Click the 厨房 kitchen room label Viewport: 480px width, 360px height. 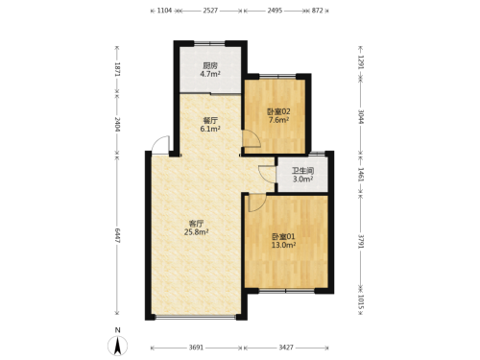(210, 65)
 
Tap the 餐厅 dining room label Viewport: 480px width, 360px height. (210, 121)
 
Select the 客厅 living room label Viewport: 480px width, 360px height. (196, 224)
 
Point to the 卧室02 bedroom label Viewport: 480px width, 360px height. (278, 111)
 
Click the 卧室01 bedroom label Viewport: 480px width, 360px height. (283, 237)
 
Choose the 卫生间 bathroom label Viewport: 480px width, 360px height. (302, 171)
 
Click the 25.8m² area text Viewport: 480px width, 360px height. (197, 232)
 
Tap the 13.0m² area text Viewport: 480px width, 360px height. (283, 245)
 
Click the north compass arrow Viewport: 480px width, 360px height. (118, 346)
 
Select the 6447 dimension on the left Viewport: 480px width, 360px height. (117, 235)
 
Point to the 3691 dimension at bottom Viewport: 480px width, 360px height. (196, 348)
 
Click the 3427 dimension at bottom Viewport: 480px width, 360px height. (286, 348)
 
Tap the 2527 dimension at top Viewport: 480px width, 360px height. (210, 11)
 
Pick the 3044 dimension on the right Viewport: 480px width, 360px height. (361, 116)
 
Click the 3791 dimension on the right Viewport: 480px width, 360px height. (361, 241)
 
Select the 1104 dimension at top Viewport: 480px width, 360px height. (164, 11)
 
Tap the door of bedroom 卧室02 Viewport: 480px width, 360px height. (252, 138)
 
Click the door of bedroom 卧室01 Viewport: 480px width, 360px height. (257, 203)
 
